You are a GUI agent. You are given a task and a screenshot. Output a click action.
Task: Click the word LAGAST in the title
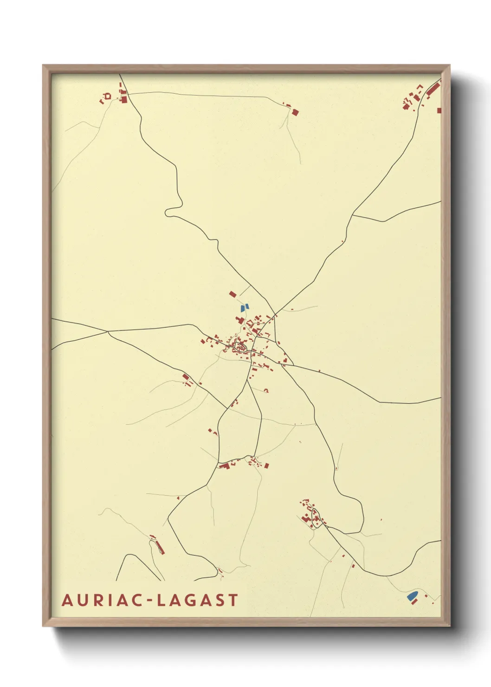click(x=198, y=600)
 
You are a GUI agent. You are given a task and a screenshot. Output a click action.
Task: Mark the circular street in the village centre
click(x=241, y=345)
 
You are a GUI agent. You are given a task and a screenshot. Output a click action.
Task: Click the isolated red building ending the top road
click(x=295, y=112)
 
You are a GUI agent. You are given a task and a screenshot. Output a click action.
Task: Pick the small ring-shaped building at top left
click(x=108, y=96)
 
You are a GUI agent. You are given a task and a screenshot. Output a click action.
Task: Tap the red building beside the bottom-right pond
click(x=415, y=602)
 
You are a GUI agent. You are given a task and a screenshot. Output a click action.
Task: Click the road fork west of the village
click(x=108, y=331)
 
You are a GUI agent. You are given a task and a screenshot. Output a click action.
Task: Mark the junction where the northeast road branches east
click(x=353, y=215)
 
